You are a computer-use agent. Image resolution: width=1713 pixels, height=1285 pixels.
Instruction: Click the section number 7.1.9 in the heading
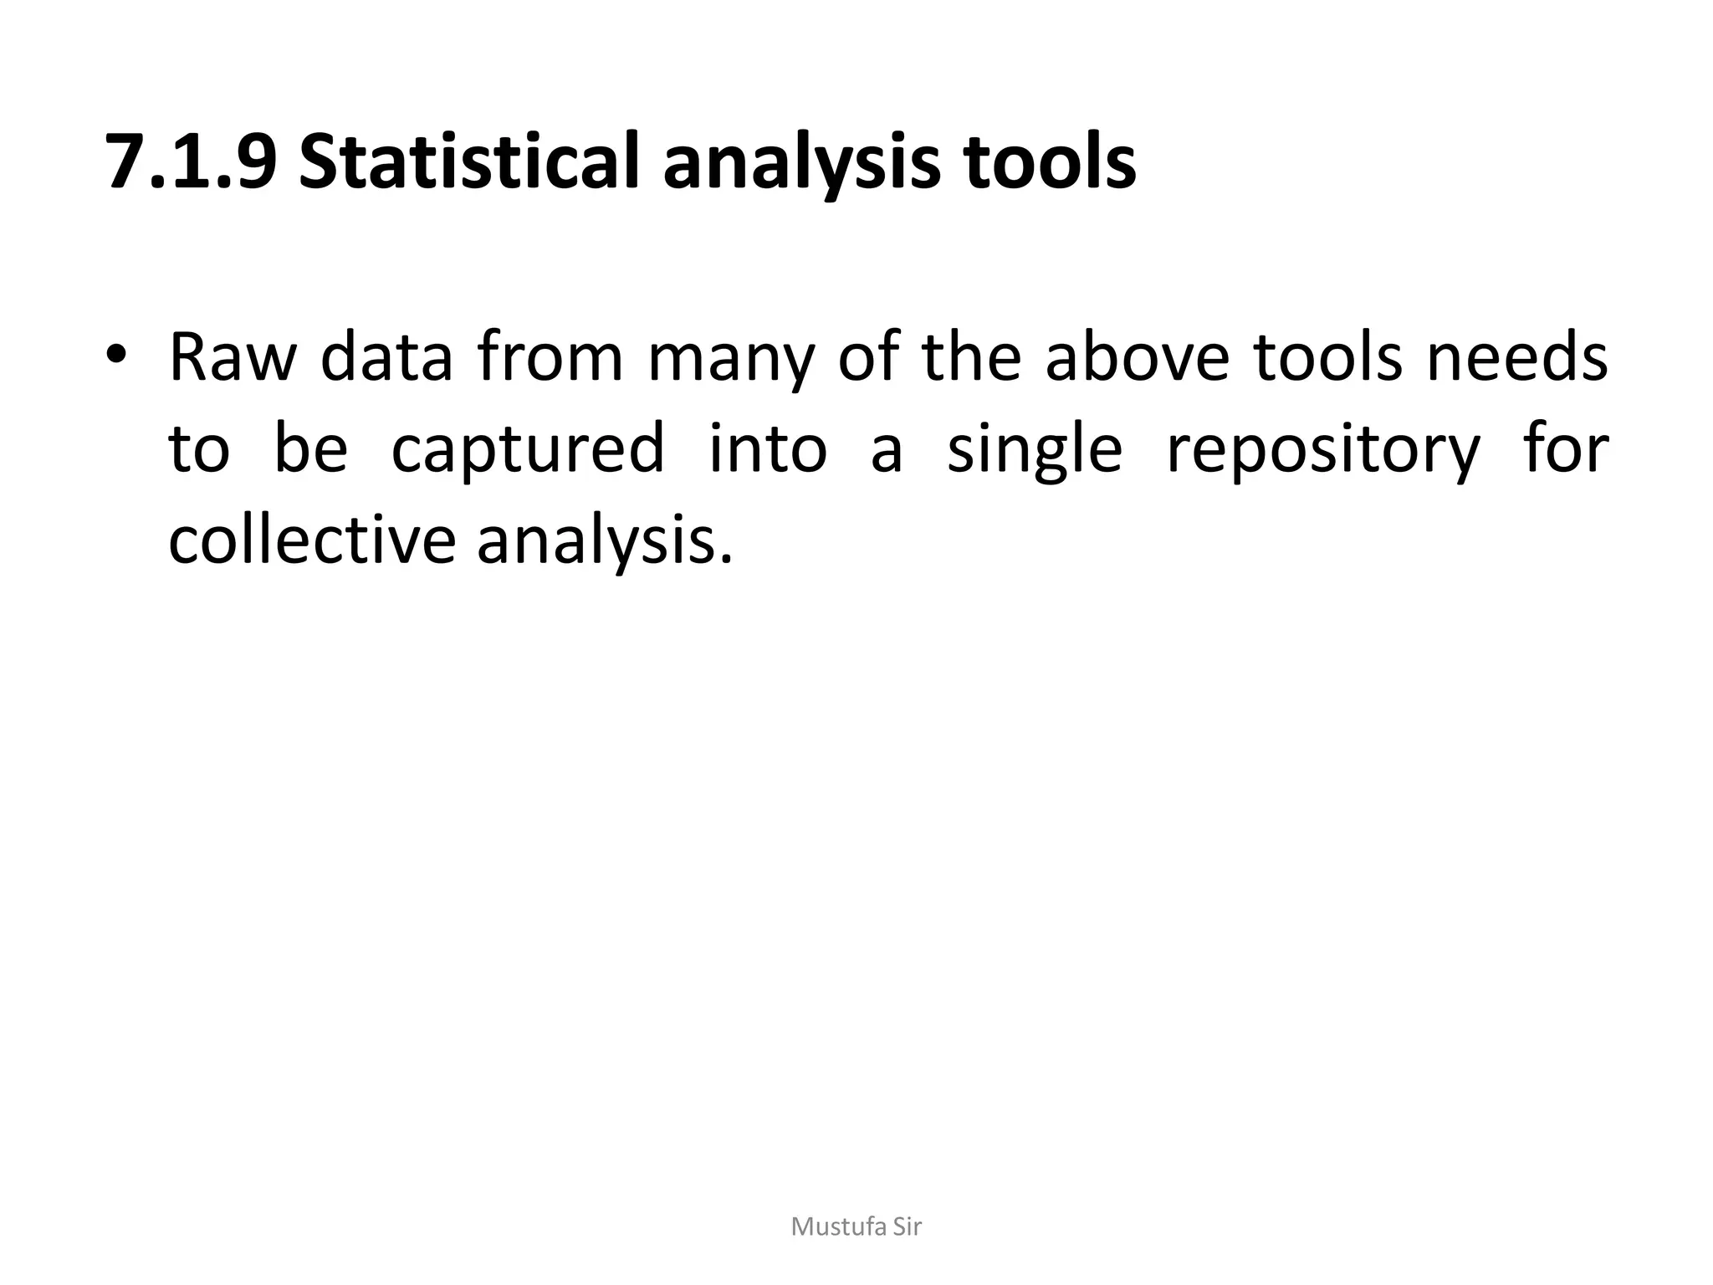pyautogui.click(x=191, y=162)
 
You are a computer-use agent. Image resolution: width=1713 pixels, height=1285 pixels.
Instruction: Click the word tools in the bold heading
pyautogui.click(x=1050, y=162)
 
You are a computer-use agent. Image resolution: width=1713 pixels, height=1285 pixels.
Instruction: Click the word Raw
pyautogui.click(x=233, y=358)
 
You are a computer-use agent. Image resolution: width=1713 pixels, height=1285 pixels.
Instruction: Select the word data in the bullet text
pyautogui.click(x=386, y=358)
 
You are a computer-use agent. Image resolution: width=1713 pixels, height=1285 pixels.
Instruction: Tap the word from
pyautogui.click(x=550, y=358)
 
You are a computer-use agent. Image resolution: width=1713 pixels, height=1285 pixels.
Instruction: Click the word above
pyautogui.click(x=1138, y=358)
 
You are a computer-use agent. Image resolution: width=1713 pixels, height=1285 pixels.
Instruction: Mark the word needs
pyautogui.click(x=1517, y=358)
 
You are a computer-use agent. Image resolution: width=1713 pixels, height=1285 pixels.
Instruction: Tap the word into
pyautogui.click(x=768, y=448)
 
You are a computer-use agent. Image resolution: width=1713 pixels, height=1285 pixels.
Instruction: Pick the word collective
pyautogui.click(x=312, y=540)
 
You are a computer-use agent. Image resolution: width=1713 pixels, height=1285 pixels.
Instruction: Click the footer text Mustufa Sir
pyautogui.click(x=856, y=1227)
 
